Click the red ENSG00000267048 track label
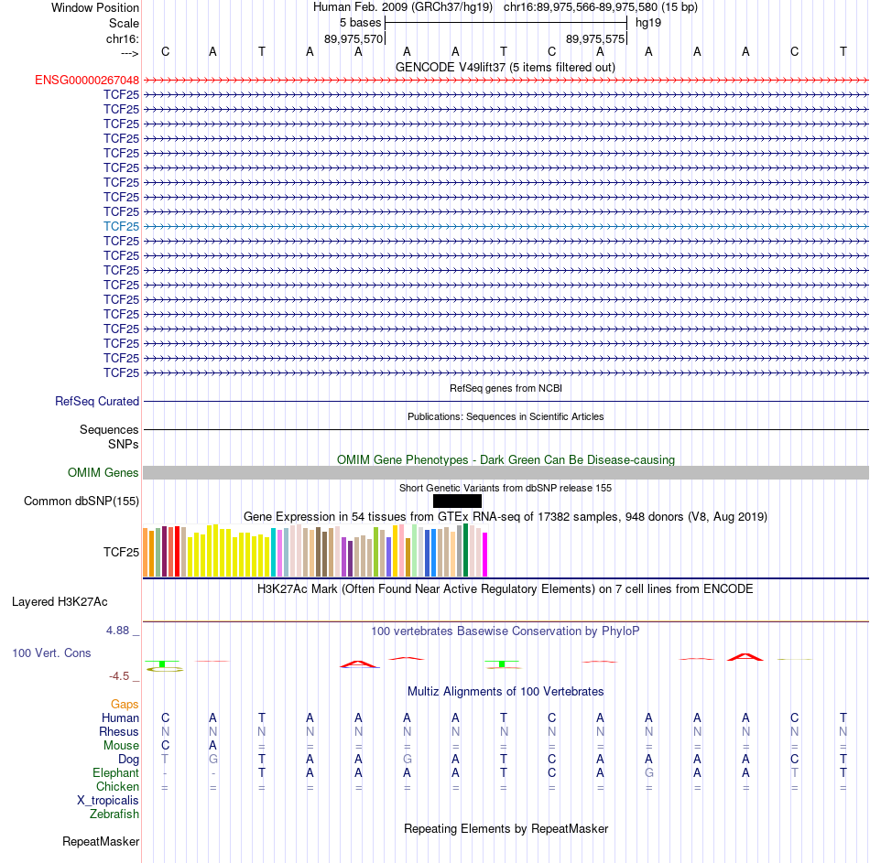click(87, 80)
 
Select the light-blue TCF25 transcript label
click(122, 226)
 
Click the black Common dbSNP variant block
click(457, 501)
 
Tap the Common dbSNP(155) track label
click(82, 501)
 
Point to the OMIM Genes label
click(103, 472)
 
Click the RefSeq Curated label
click(97, 401)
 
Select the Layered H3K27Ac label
click(60, 601)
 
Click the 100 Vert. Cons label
click(51, 653)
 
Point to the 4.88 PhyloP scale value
click(119, 631)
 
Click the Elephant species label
click(116, 772)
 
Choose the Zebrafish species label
click(114, 814)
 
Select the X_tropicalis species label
click(108, 800)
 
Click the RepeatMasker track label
click(101, 841)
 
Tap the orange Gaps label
click(125, 704)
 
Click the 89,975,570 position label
click(353, 39)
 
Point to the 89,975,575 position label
click(595, 39)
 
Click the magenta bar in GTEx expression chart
click(485, 554)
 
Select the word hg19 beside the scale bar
click(648, 22)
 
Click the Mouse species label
click(121, 745)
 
